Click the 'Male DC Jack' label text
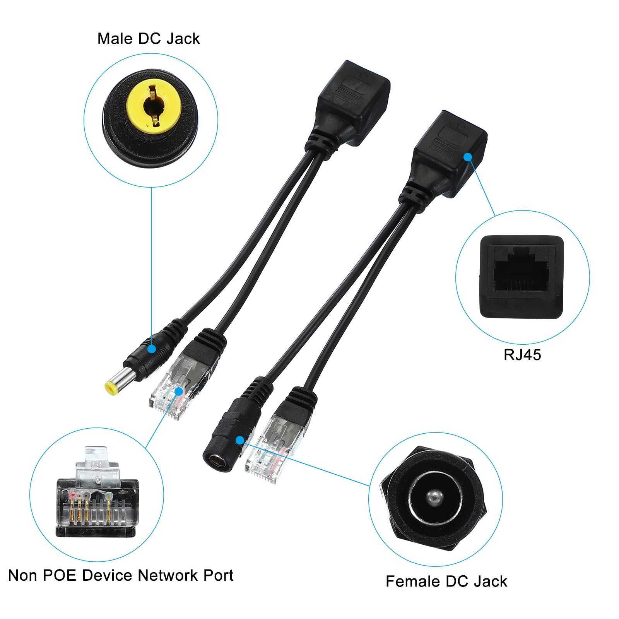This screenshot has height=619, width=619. click(x=149, y=39)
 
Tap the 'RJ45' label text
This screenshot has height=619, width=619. click(x=522, y=355)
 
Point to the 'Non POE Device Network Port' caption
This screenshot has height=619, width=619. click(x=121, y=575)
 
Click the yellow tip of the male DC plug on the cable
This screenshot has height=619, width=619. click(x=111, y=388)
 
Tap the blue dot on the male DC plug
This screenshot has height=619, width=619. click(x=152, y=349)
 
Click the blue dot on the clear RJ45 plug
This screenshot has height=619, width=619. click(x=178, y=391)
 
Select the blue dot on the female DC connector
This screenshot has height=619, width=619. click(x=240, y=440)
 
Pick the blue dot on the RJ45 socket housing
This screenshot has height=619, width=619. click(x=468, y=157)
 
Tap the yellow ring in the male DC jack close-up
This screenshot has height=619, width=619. click(x=151, y=104)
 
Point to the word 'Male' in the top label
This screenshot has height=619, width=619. click(x=115, y=39)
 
